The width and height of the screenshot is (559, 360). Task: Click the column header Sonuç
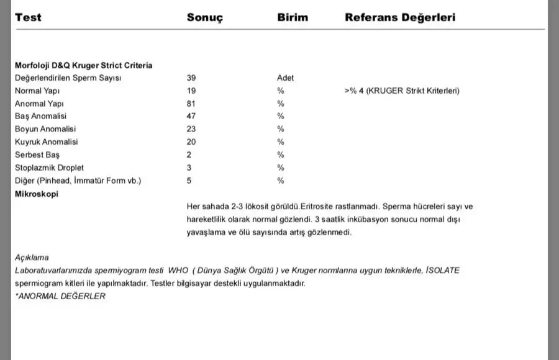[205, 17]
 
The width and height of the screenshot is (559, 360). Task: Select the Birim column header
[293, 17]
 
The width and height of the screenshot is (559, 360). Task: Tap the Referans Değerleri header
[400, 17]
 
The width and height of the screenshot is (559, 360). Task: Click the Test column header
[28, 17]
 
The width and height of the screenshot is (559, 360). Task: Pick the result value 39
[191, 78]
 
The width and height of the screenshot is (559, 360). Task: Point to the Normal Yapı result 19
[191, 91]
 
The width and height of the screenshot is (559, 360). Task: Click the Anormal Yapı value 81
[191, 103]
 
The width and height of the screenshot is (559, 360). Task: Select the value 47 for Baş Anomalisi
[191, 116]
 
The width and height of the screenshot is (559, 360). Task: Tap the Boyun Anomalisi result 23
[191, 129]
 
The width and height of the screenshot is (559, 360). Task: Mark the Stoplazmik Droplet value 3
[189, 168]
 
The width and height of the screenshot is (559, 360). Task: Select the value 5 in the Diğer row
[189, 181]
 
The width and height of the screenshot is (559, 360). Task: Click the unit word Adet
[285, 78]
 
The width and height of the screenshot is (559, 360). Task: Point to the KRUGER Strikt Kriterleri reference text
[402, 91]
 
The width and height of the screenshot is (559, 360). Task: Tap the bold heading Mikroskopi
[37, 194]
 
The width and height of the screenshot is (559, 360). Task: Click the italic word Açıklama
[32, 257]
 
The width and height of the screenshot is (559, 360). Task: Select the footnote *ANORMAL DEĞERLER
[60, 296]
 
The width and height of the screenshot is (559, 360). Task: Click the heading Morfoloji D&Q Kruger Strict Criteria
[84, 65]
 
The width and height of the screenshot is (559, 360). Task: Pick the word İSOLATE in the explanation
[443, 271]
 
